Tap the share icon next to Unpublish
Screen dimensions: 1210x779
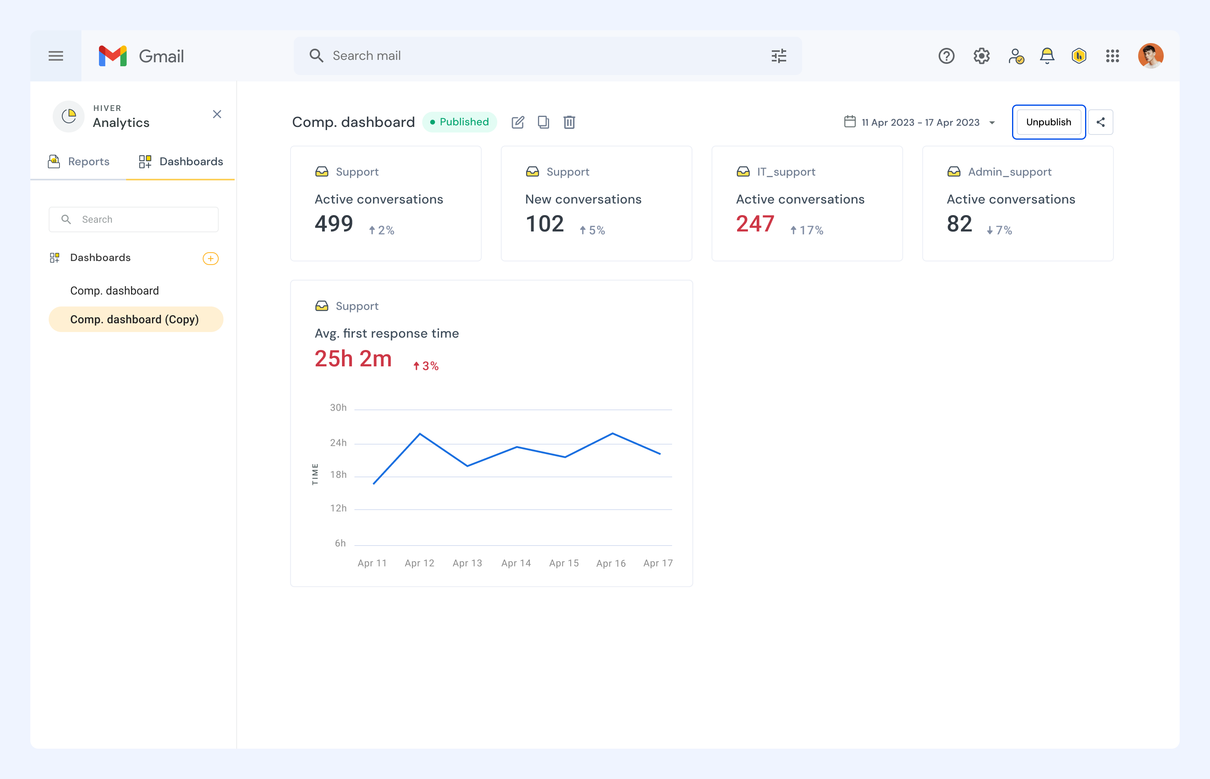[1100, 122]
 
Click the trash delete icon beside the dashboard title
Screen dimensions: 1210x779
[569, 122]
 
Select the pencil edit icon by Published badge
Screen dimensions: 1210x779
[518, 122]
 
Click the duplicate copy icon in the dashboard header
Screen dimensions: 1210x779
[543, 122]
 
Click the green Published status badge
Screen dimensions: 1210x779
[459, 122]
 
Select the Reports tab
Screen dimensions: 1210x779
[79, 161]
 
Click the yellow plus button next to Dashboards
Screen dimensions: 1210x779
[210, 259]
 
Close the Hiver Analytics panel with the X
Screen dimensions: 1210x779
[217, 114]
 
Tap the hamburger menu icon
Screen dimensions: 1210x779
[55, 55]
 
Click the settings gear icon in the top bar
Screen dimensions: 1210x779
[981, 55]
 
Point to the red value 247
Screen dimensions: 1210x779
[755, 223]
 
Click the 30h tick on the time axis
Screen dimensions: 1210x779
[338, 408]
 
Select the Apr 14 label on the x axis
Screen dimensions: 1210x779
[516, 563]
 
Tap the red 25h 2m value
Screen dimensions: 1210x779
[353, 359]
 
